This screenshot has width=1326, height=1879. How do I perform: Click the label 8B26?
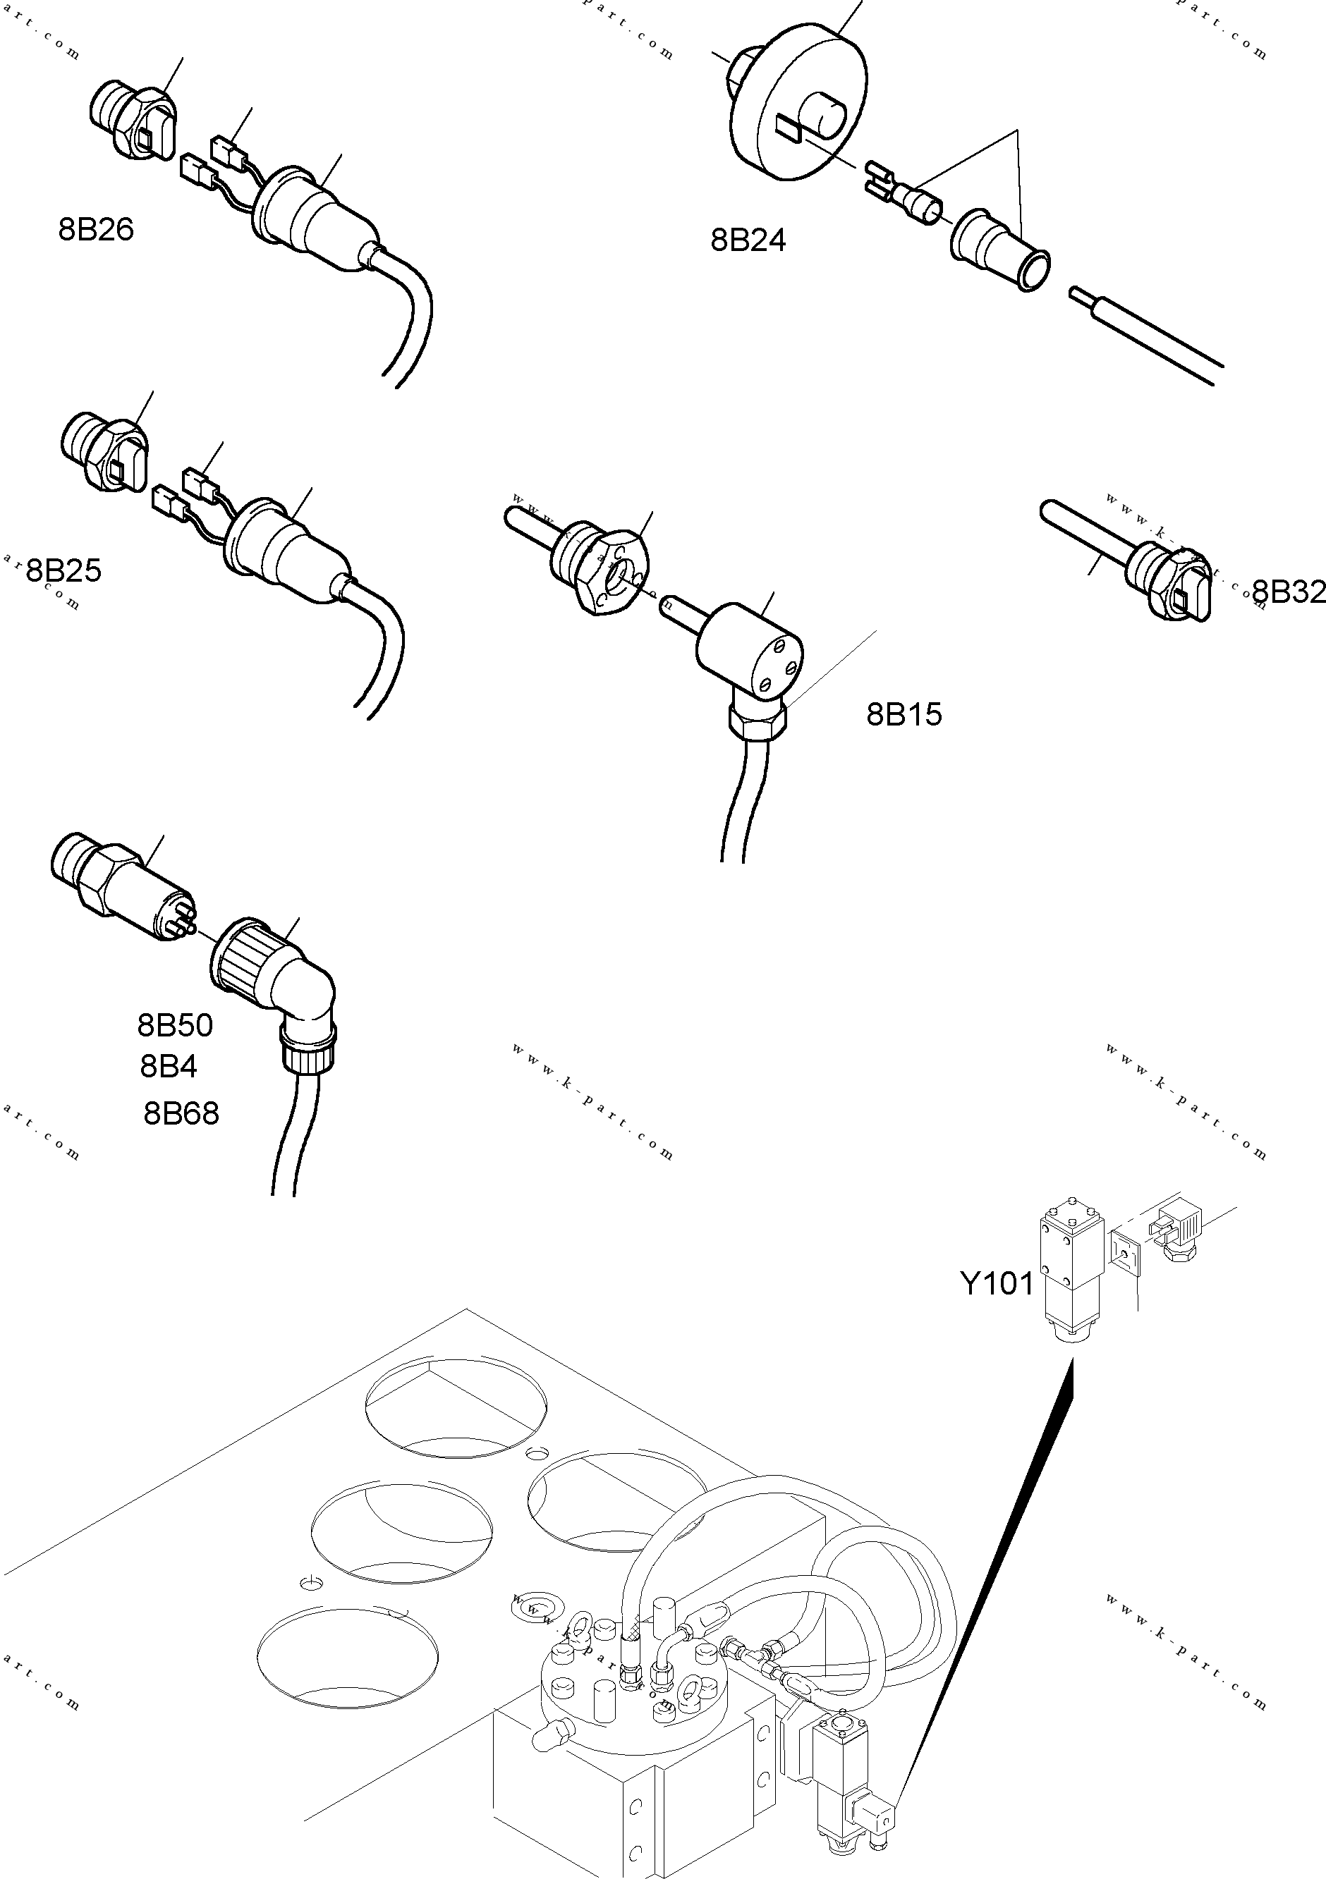click(96, 230)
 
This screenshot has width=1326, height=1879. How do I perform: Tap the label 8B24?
click(748, 240)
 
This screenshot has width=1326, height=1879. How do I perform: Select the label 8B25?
click(64, 570)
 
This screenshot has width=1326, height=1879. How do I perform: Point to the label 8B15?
click(904, 714)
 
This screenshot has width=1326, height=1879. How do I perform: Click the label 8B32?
click(1287, 592)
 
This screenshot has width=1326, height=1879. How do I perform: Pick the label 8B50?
click(174, 1025)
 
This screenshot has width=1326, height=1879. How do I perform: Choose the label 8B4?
click(169, 1066)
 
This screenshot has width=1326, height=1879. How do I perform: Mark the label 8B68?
click(181, 1114)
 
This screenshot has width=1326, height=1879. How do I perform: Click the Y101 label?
click(996, 1284)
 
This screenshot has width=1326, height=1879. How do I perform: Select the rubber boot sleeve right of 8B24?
click(1000, 248)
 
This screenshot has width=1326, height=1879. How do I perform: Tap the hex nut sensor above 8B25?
click(105, 456)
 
